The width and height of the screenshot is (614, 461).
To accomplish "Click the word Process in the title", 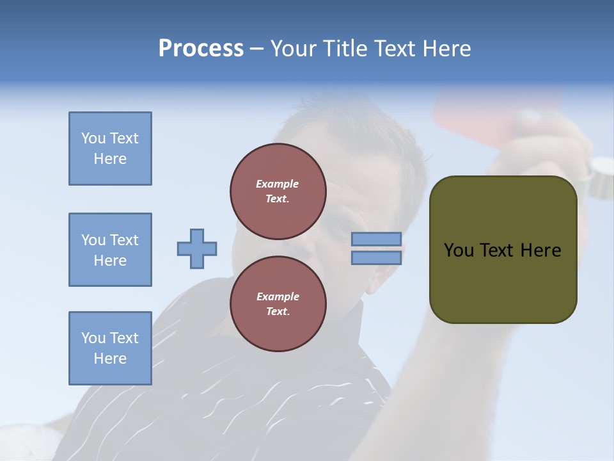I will click(x=201, y=49).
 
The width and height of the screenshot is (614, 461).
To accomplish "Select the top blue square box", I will click(x=110, y=149).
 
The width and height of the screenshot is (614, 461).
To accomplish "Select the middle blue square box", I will click(x=110, y=250).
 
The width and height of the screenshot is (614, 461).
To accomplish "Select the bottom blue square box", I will click(x=110, y=348).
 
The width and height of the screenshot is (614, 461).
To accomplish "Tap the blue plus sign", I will click(x=197, y=248).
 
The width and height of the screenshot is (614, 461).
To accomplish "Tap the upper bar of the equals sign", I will click(x=377, y=239).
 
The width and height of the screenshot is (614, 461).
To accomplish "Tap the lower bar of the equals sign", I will click(x=377, y=257).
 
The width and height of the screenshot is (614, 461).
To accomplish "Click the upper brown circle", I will click(x=278, y=191).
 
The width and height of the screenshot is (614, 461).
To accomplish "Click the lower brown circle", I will click(x=278, y=304).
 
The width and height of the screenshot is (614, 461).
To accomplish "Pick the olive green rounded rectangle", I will click(x=503, y=282).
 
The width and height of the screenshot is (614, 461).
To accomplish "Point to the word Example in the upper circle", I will click(x=277, y=184).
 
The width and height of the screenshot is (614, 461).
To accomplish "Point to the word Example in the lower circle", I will click(x=278, y=296).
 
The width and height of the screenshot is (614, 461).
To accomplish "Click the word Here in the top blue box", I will click(x=110, y=159).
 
